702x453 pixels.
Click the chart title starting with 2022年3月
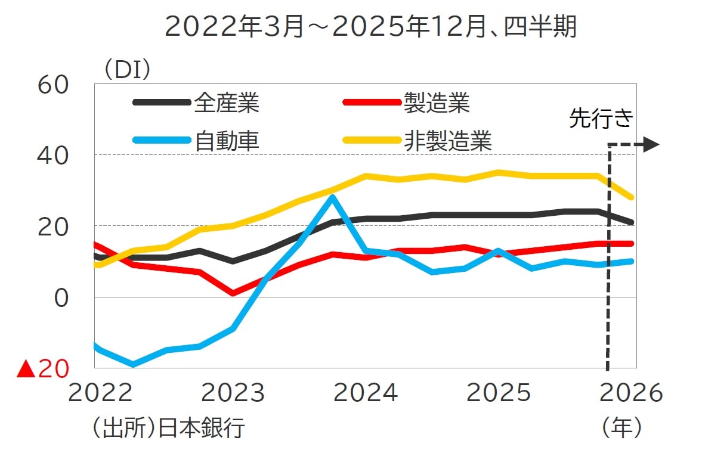coord(370,27)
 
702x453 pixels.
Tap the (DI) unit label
coord(128,70)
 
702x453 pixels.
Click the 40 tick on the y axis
coord(53,156)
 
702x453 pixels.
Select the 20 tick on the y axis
coord(53,226)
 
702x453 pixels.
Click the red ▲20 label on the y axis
coord(42,370)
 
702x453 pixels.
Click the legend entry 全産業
coord(226,103)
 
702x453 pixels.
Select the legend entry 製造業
coord(437,103)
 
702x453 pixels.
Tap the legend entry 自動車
coord(226,141)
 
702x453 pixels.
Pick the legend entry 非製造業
coord(447,141)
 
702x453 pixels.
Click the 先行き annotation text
coord(601,119)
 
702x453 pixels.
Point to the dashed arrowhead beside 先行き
coord(652,144)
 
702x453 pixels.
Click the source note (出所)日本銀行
coord(169,428)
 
